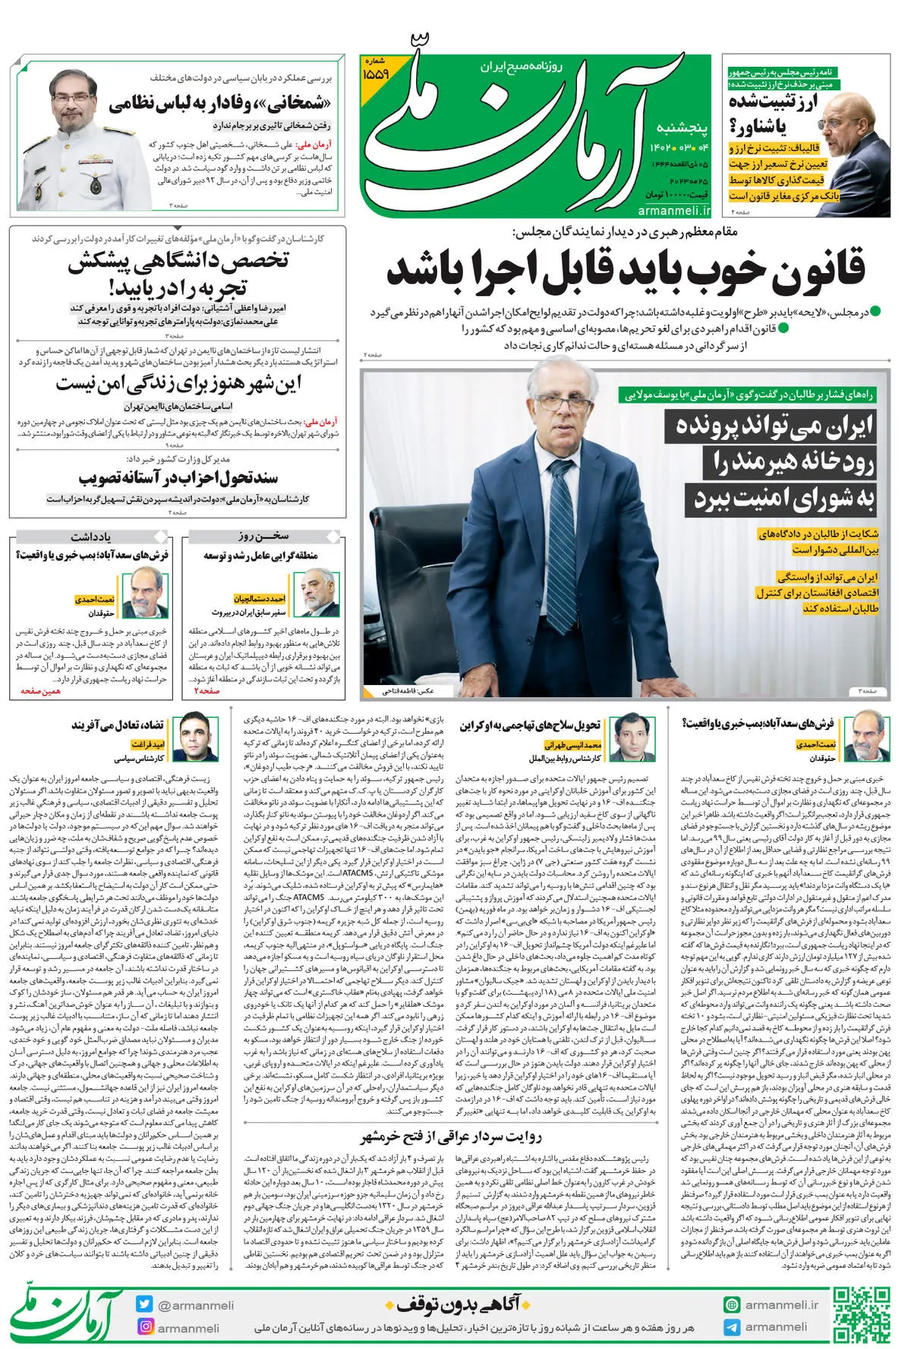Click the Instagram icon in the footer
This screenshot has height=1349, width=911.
point(144,1327)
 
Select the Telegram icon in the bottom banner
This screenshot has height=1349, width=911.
point(731,1327)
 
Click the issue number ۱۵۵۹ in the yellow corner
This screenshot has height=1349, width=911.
point(377,74)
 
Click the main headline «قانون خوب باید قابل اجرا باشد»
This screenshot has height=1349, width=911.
point(626,269)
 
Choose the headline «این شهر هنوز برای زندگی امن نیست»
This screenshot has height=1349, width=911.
point(178,385)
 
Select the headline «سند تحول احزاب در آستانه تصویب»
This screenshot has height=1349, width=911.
point(178,478)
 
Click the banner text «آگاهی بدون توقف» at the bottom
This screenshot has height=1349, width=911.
point(454,1304)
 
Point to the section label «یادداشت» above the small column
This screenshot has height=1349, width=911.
point(91,536)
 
